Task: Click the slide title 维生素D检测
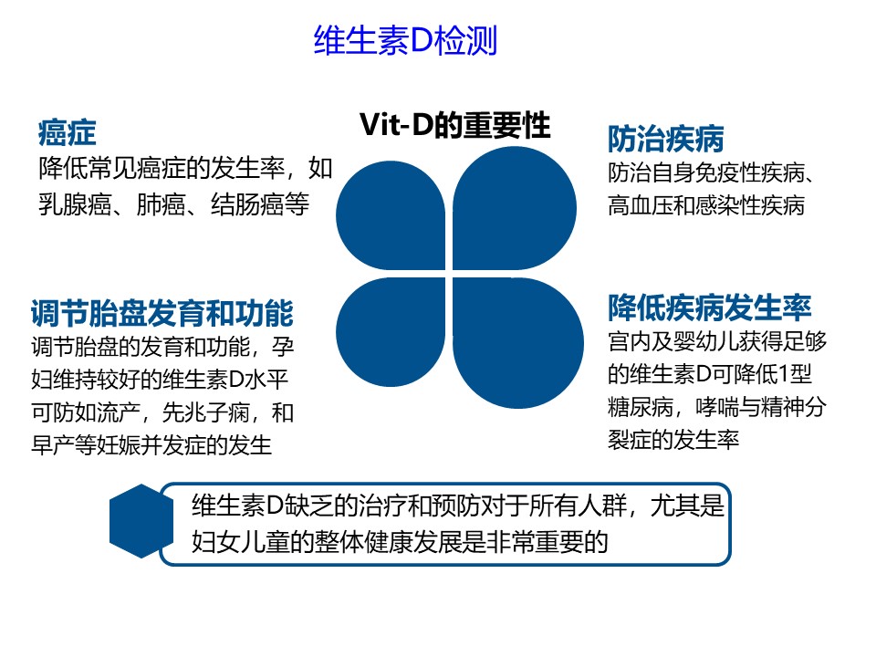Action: [405, 40]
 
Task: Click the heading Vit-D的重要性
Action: [454, 125]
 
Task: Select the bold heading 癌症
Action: [67, 133]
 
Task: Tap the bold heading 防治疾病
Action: [665, 139]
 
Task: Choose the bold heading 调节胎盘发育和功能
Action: [162, 312]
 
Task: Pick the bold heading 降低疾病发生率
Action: [710, 308]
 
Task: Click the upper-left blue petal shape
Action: [391, 215]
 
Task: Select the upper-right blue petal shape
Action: [514, 208]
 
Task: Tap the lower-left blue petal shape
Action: [391, 332]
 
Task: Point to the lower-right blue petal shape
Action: [518, 343]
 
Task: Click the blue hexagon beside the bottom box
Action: [141, 521]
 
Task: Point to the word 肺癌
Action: [161, 205]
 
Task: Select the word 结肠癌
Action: [247, 205]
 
